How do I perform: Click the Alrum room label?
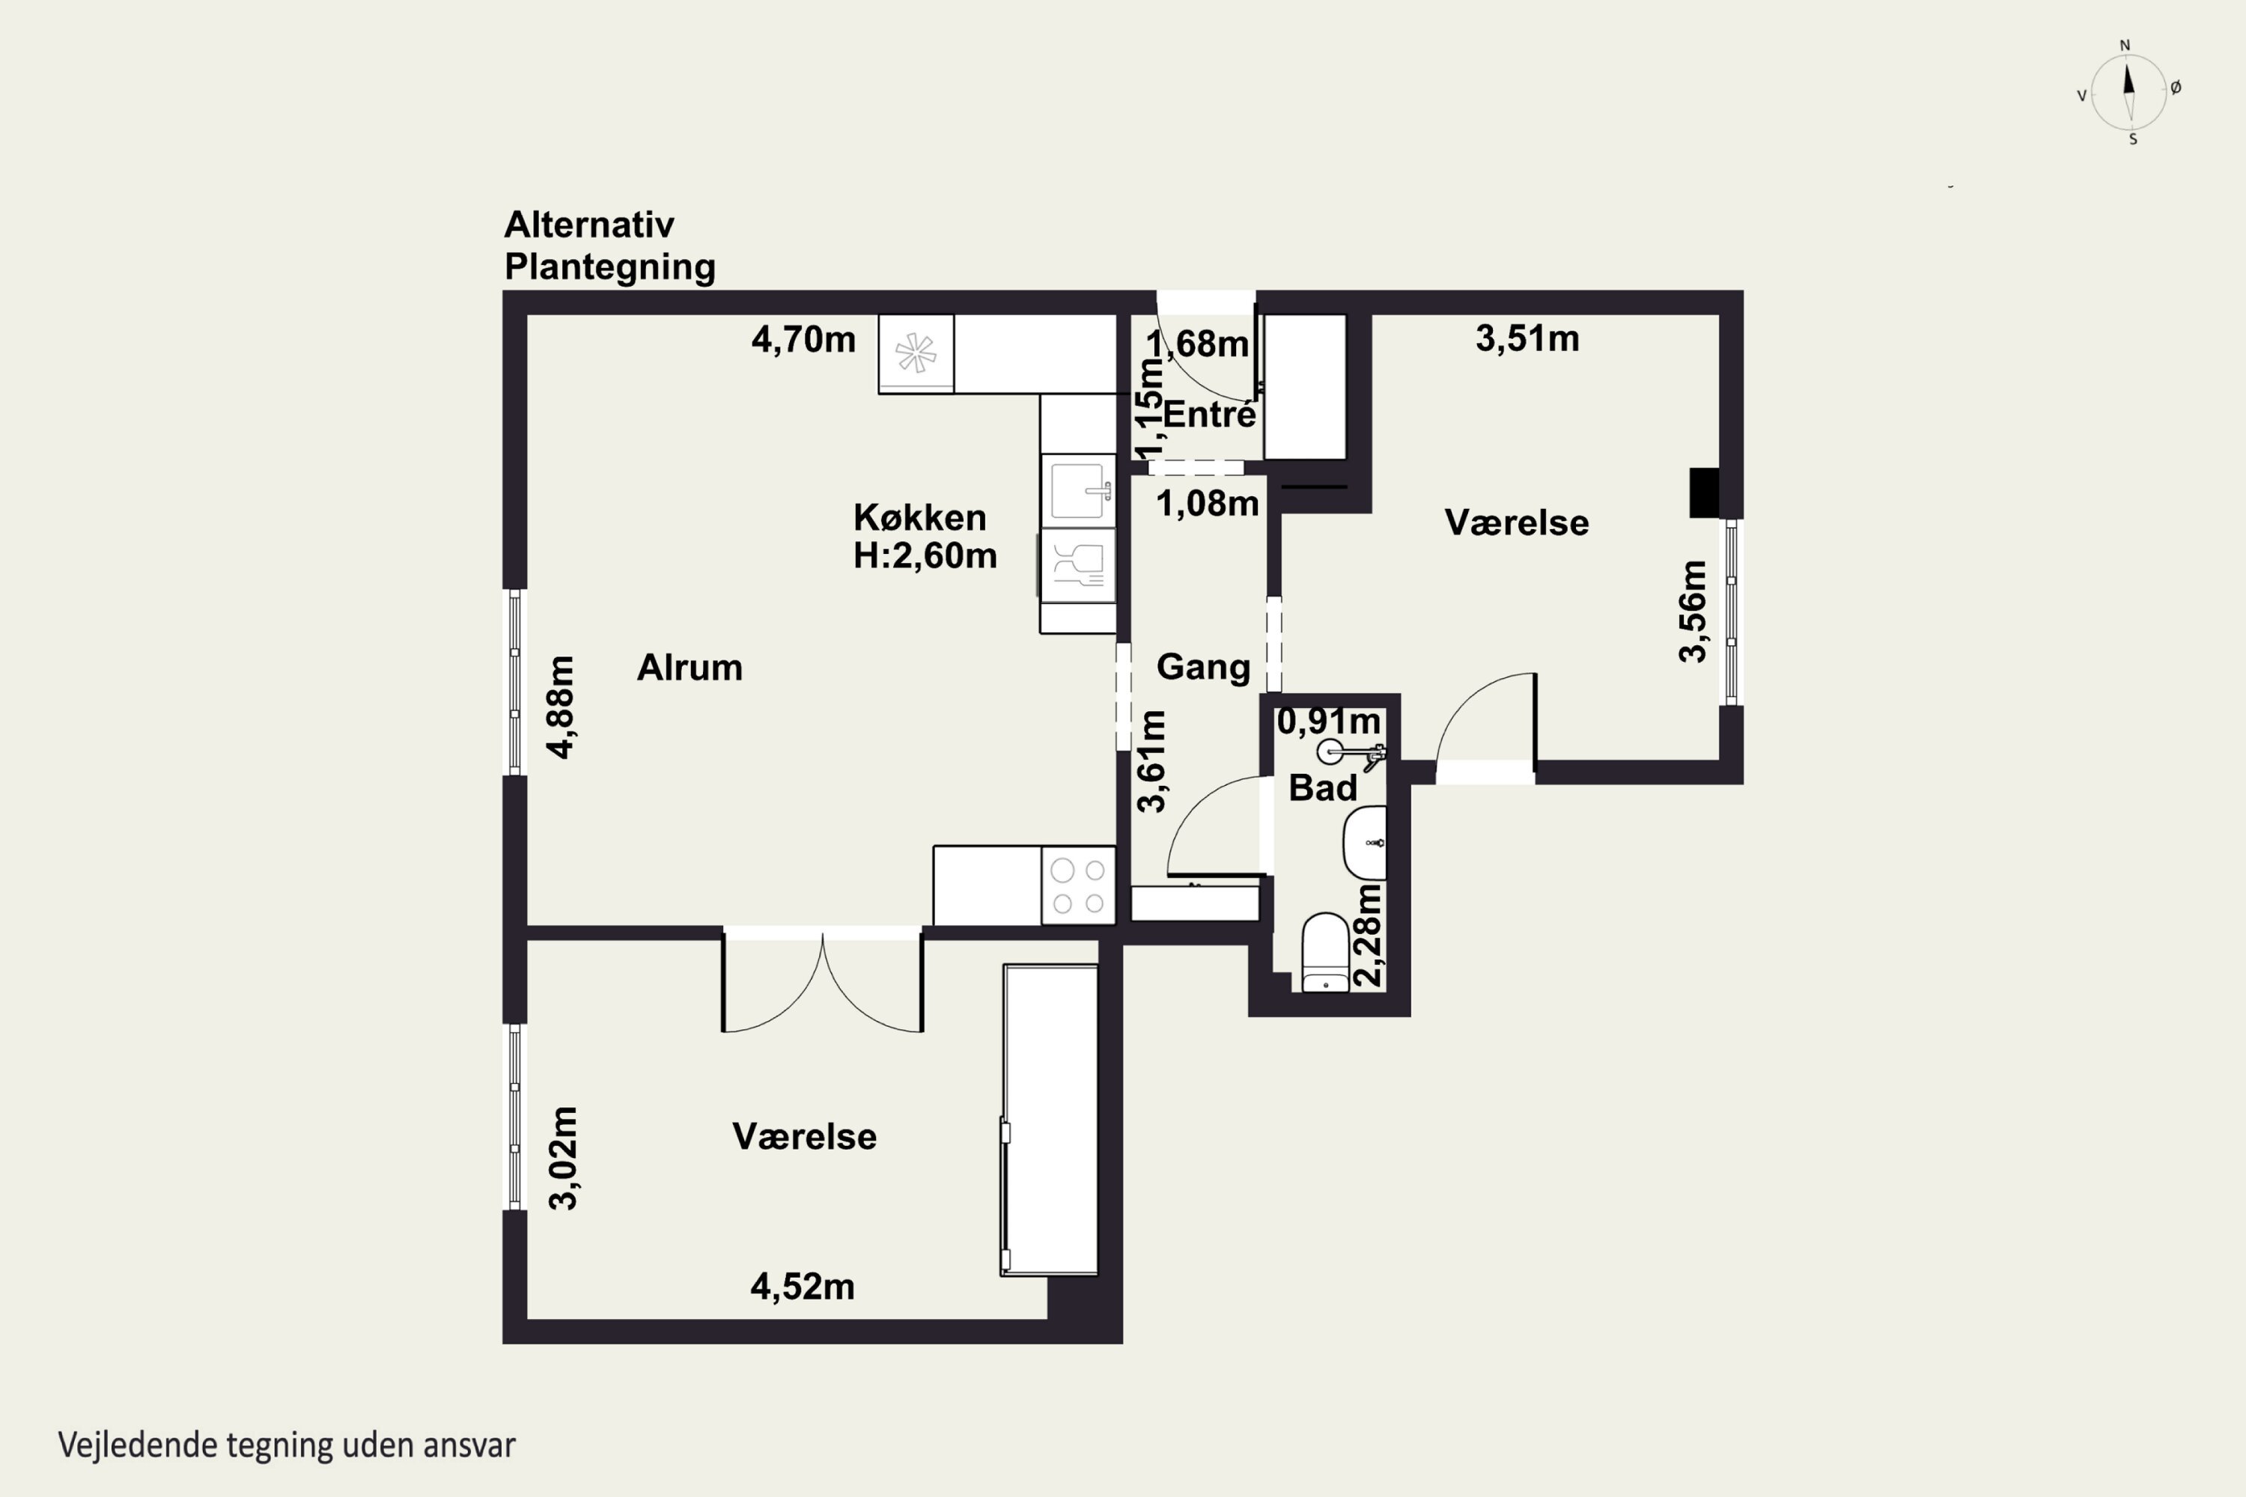[690, 668]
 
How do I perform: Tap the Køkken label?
[919, 517]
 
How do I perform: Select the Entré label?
[1209, 415]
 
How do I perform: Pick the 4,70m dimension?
[803, 340]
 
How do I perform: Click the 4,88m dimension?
[561, 707]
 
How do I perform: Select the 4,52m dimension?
[802, 1287]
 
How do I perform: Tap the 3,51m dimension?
[1527, 339]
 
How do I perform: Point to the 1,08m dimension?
[1207, 504]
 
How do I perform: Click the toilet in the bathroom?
[1325, 953]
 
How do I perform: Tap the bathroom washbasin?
[1365, 843]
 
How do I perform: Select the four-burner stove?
[1078, 885]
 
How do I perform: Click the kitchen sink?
[1078, 491]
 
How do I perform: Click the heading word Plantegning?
[610, 267]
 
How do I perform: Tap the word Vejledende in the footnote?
[138, 1445]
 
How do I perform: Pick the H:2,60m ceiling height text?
[925, 555]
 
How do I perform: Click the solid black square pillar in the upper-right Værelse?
[1705, 493]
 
